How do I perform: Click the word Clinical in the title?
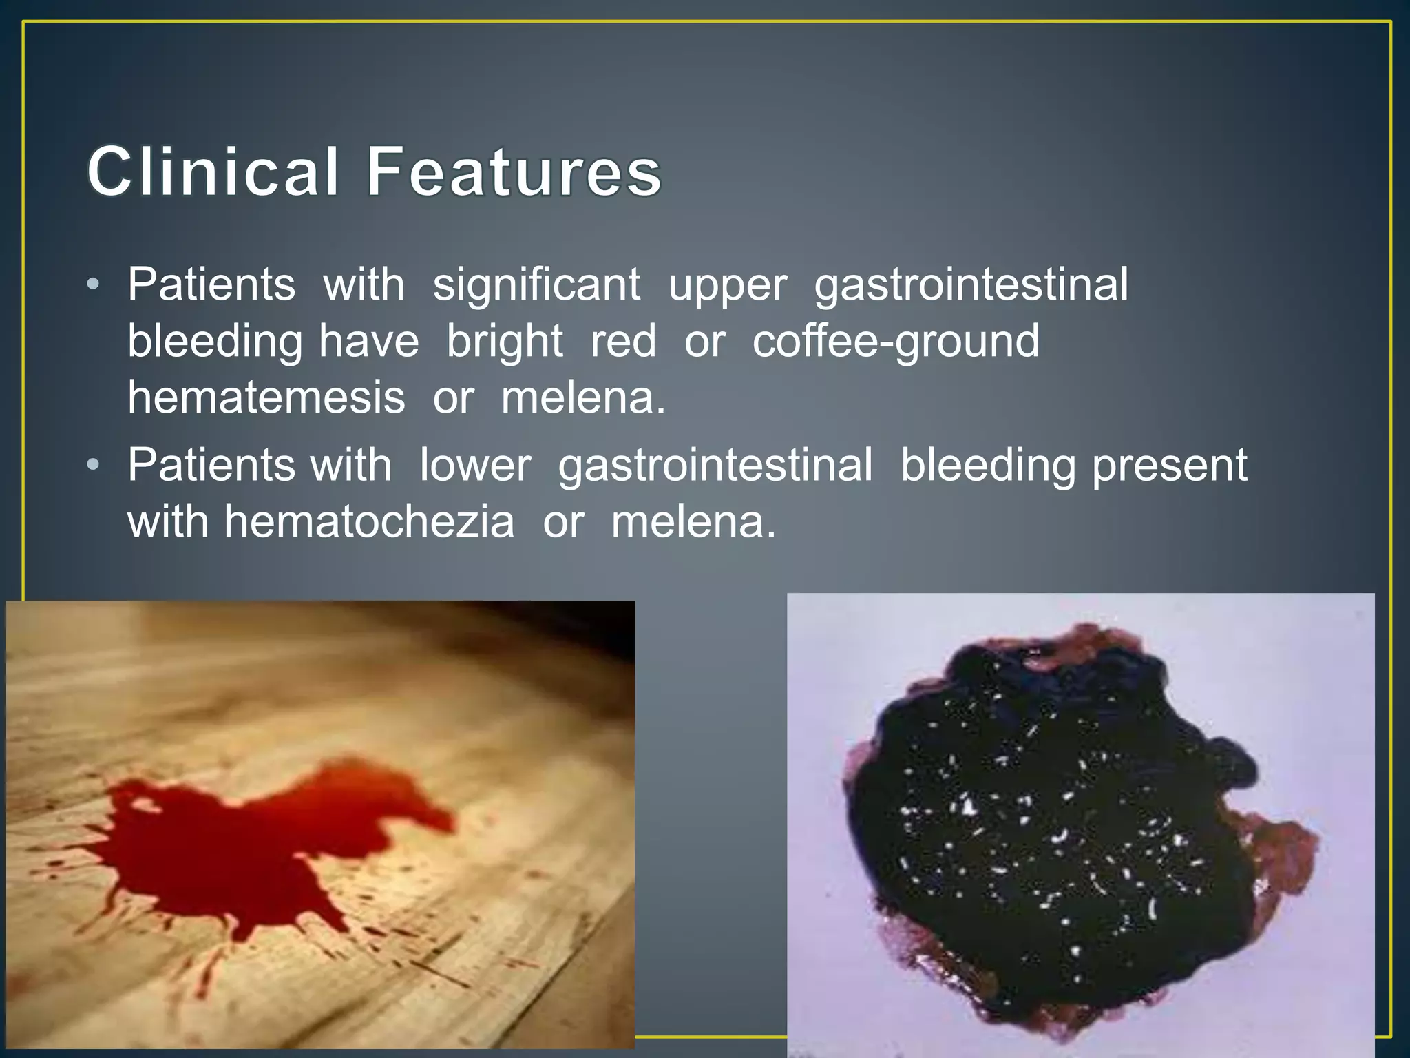213,172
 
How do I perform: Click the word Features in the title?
513,172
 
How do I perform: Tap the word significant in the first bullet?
536,284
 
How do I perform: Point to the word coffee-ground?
896,342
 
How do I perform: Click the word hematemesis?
266,398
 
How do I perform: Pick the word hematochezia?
369,521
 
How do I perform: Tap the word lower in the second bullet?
475,465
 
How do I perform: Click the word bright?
505,342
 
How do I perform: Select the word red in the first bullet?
623,342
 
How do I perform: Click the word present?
1170,466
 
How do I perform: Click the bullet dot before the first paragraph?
94,285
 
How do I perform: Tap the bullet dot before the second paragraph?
94,466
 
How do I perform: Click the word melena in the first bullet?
582,398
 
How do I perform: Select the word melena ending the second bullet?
693,521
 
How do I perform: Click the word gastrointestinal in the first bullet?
971,284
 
